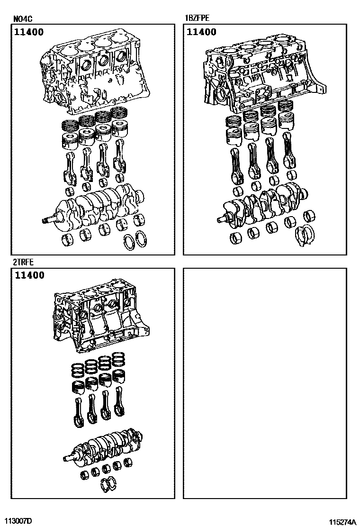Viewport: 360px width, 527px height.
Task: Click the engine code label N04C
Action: pos(23,19)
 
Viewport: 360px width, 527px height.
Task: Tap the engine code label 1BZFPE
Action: pos(197,18)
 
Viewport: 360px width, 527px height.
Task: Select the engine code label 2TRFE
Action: pos(24,262)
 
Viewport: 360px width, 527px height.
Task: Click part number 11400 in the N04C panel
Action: pos(29,32)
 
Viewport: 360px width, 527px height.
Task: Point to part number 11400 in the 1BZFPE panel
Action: pos(201,32)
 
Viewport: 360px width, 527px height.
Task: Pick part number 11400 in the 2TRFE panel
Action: pos(29,276)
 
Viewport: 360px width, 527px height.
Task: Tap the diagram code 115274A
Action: pos(342,522)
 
